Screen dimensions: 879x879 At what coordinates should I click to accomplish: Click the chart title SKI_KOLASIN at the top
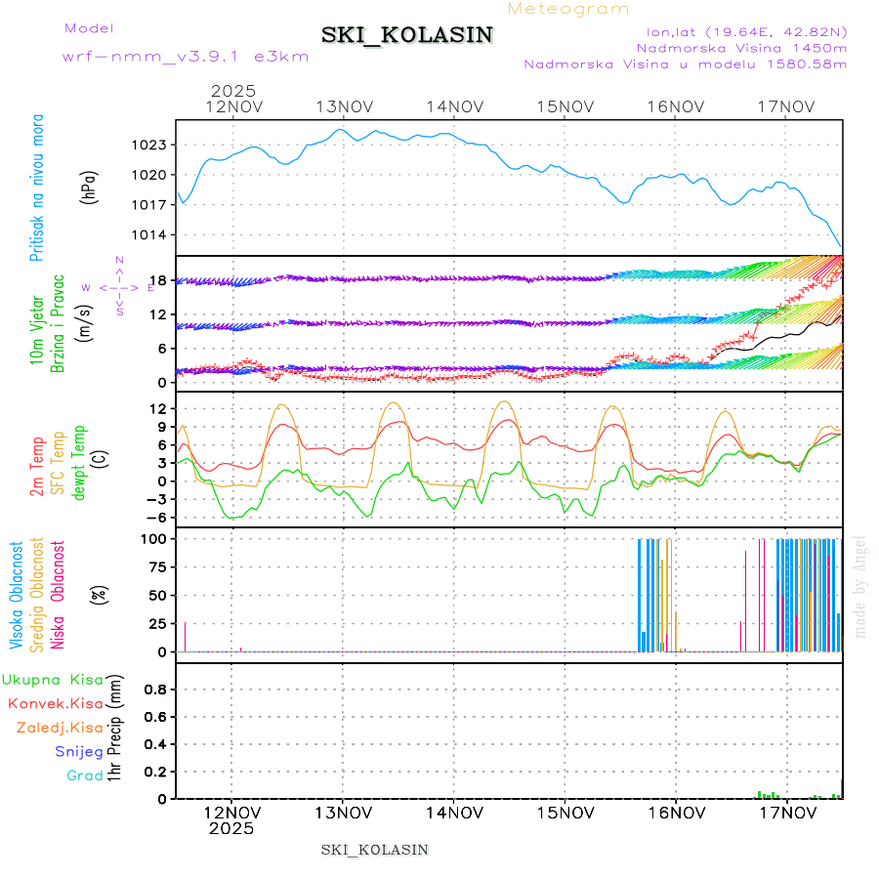click(407, 35)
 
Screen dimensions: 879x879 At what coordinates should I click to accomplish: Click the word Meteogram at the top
click(568, 9)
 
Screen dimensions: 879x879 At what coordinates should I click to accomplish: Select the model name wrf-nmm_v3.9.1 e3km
click(186, 57)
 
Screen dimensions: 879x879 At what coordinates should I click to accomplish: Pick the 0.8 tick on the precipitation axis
click(155, 689)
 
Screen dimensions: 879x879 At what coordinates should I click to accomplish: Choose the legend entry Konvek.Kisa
click(55, 703)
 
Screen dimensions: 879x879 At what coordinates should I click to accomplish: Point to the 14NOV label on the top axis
click(454, 107)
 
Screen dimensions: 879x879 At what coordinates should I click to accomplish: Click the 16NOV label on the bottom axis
click(676, 812)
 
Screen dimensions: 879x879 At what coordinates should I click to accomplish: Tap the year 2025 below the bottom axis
click(231, 828)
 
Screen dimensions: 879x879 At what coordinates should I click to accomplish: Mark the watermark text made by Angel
click(860, 586)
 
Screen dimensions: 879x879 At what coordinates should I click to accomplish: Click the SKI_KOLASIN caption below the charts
click(374, 850)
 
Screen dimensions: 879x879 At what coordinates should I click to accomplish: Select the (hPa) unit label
click(89, 187)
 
